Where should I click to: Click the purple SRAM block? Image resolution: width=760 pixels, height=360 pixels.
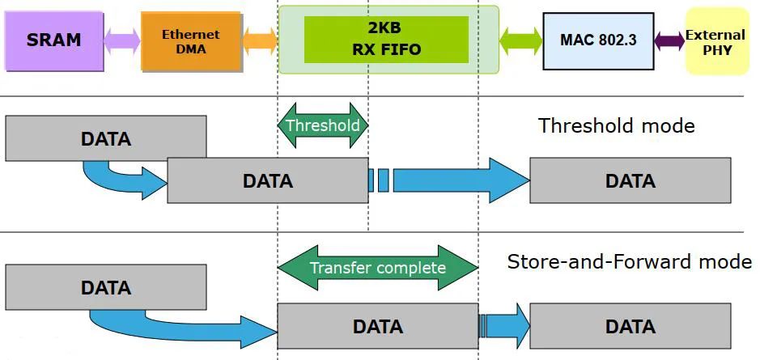[x=53, y=41]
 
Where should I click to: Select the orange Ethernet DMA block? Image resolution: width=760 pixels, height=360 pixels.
[x=191, y=41]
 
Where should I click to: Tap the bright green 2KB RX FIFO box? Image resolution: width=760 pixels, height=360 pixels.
[x=386, y=40]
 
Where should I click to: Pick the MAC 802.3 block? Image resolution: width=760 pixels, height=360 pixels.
[x=598, y=40]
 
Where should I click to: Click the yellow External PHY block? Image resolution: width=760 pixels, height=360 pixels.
[x=717, y=41]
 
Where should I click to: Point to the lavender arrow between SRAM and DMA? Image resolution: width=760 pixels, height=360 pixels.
[x=122, y=41]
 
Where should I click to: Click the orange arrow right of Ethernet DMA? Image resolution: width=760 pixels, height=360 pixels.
[x=260, y=41]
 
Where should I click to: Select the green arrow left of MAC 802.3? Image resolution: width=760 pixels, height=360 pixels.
[x=520, y=41]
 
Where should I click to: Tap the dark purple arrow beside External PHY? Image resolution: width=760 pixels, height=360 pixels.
[x=669, y=40]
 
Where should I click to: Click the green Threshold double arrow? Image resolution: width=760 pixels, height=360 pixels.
[x=323, y=125]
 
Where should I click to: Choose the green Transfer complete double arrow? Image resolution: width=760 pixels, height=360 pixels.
[x=378, y=268]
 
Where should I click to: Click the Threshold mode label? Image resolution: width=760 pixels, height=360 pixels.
[x=617, y=125]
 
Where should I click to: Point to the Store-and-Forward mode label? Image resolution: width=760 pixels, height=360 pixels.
[x=629, y=261]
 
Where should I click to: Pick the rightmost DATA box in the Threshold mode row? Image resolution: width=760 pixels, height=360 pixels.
[x=631, y=180]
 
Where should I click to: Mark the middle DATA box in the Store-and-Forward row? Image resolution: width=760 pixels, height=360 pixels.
[x=378, y=325]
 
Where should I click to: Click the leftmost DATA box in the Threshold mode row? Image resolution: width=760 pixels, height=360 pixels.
[x=106, y=138]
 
